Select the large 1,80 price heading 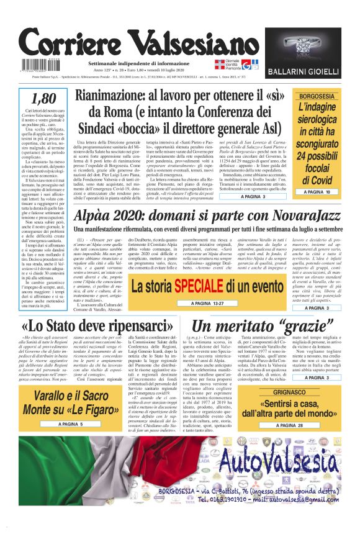click(x=43, y=99)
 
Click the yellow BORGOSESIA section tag click(x=317, y=96)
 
